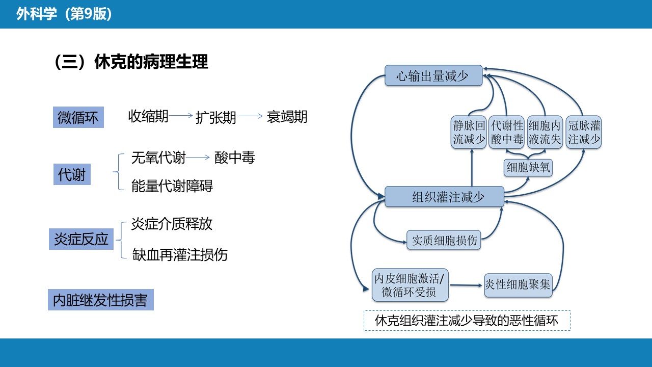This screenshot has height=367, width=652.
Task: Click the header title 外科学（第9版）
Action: click(x=64, y=14)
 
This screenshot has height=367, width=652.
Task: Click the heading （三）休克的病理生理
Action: click(x=131, y=62)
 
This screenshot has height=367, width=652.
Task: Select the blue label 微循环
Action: click(x=78, y=118)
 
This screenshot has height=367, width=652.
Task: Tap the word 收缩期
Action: click(x=148, y=116)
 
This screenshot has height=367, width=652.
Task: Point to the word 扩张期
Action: click(x=216, y=118)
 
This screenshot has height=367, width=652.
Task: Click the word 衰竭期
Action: click(x=287, y=117)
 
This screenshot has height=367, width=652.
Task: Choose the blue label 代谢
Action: click(x=72, y=175)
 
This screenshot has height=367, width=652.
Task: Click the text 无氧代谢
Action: click(x=158, y=158)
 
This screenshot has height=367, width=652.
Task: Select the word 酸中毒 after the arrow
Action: click(x=234, y=158)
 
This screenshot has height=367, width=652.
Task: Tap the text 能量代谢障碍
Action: click(x=172, y=186)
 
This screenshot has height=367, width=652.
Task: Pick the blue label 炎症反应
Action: click(x=81, y=239)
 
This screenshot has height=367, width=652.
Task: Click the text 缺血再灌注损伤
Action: click(x=180, y=254)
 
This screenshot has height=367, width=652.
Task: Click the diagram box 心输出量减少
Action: click(x=433, y=76)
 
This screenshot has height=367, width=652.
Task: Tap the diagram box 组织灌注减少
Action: click(x=444, y=197)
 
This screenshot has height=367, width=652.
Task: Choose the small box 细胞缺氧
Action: click(x=528, y=167)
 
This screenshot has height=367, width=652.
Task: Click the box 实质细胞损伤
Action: click(x=444, y=240)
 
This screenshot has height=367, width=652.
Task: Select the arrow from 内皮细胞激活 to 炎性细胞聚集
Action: click(x=467, y=285)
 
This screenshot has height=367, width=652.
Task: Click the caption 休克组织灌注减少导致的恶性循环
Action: click(x=467, y=321)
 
